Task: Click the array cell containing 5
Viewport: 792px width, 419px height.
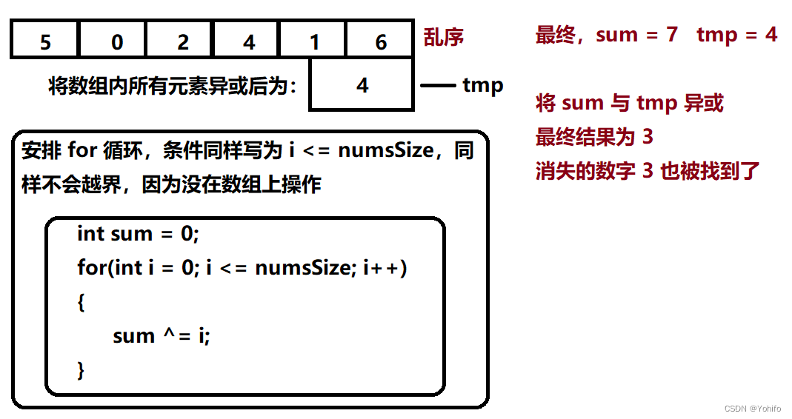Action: pyautogui.click(x=45, y=39)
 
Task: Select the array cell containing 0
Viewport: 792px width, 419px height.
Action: pyautogui.click(x=112, y=39)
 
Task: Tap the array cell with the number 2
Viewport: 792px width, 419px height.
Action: pyautogui.click(x=179, y=39)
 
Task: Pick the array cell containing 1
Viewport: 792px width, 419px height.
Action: pyautogui.click(x=312, y=39)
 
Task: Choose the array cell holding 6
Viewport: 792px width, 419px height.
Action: pyautogui.click(x=379, y=39)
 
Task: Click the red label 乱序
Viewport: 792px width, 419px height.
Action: pyautogui.click(x=443, y=37)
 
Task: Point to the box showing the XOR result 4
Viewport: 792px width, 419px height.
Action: pyautogui.click(x=361, y=84)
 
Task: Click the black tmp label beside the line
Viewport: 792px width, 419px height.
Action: pyautogui.click(x=483, y=85)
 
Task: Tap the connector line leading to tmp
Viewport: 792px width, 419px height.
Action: pyautogui.click(x=438, y=85)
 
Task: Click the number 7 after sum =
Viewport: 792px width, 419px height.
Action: pyautogui.click(x=671, y=34)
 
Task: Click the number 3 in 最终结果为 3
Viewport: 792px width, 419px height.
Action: pyautogui.click(x=648, y=137)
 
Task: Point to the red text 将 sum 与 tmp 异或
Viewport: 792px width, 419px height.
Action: pyautogui.click(x=629, y=103)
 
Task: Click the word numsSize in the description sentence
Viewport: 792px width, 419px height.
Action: pyautogui.click(x=386, y=150)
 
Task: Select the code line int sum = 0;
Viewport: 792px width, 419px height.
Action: pyautogui.click(x=138, y=234)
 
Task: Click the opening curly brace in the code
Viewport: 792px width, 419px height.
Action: pyautogui.click(x=81, y=302)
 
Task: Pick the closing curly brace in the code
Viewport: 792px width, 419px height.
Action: pyautogui.click(x=81, y=370)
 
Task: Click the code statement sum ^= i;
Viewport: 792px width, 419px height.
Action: pyautogui.click(x=161, y=335)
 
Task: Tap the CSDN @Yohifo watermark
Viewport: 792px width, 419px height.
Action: pyautogui.click(x=752, y=409)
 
